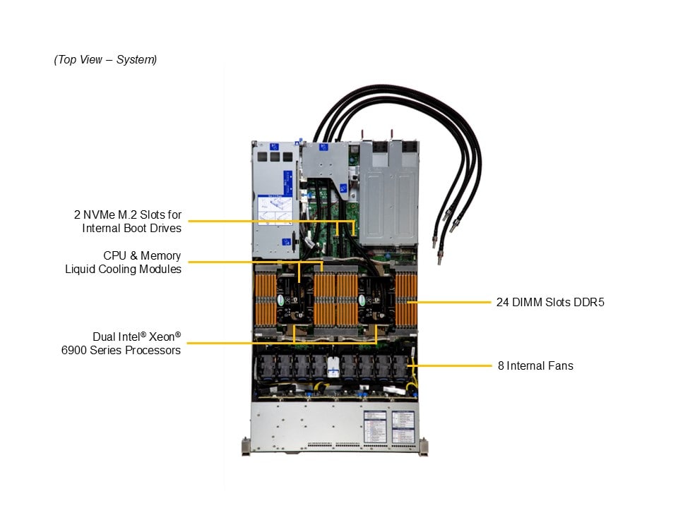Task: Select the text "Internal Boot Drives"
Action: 131,228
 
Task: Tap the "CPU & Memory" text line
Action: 142,255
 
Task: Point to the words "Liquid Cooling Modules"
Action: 123,269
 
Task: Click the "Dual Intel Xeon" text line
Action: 136,337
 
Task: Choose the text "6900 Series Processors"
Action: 121,350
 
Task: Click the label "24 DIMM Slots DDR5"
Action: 550,303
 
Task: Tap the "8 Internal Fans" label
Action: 535,365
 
